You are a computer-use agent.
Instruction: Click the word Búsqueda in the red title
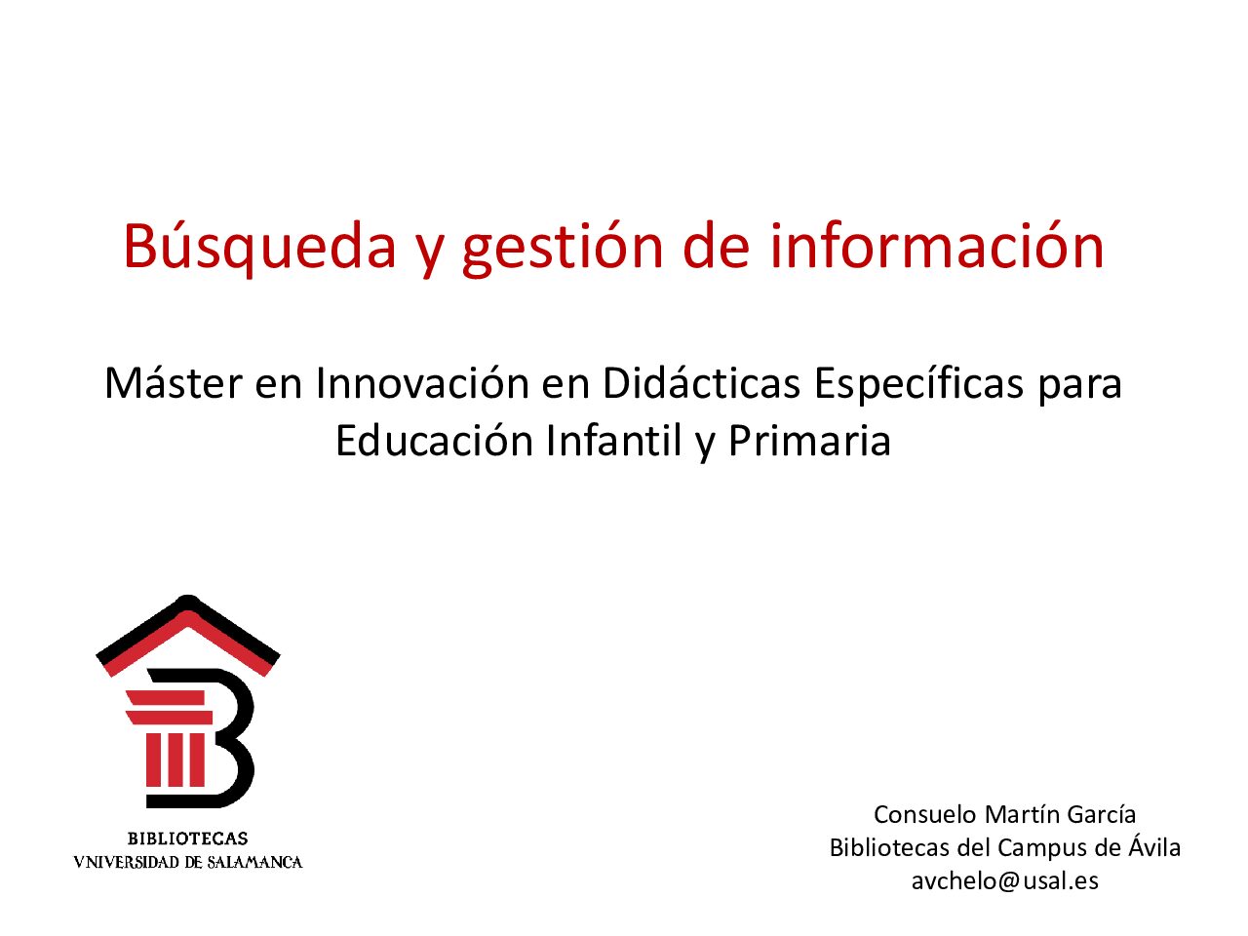point(259,248)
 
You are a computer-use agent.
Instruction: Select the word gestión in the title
point(563,249)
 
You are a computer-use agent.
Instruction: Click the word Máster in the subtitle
point(174,383)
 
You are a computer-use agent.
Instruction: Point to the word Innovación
point(422,383)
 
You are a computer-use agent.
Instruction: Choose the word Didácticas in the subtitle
point(701,383)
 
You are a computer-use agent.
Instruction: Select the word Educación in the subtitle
point(434,441)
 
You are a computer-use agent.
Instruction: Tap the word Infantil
point(613,441)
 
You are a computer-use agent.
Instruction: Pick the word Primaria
point(809,441)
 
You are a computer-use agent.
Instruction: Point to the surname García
point(1102,814)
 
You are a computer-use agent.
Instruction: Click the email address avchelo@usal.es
point(1004,880)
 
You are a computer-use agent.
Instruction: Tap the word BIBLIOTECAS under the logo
point(187,838)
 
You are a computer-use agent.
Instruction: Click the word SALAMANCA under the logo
point(254,863)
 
